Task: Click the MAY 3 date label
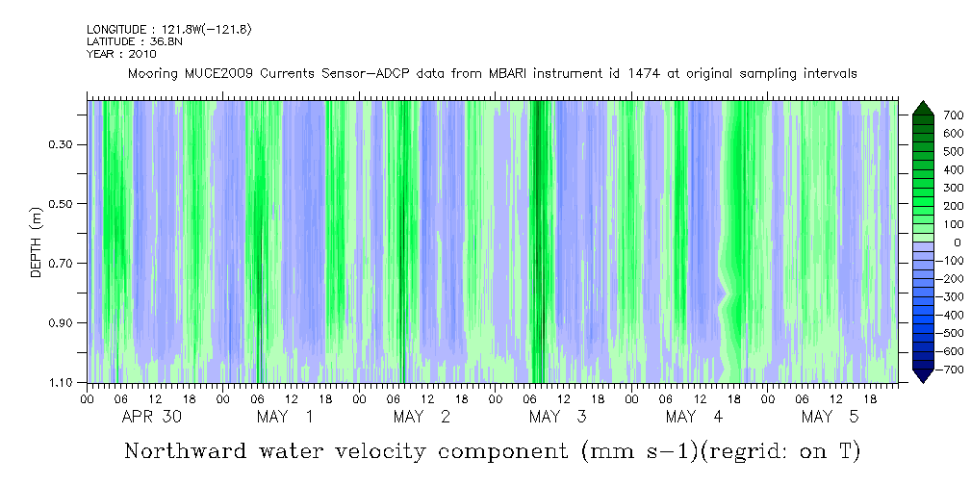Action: (558, 417)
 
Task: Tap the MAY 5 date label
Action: (830, 417)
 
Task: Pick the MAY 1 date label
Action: (286, 417)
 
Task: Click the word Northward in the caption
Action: (184, 451)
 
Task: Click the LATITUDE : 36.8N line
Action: (134, 42)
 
